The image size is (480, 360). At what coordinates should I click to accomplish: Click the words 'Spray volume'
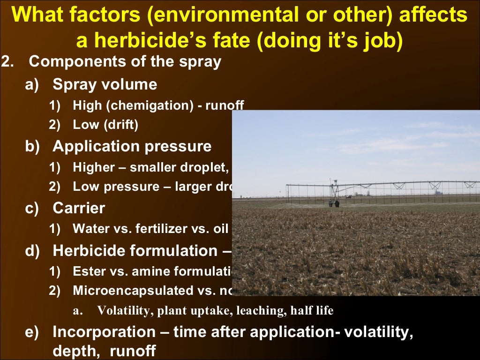click(x=105, y=85)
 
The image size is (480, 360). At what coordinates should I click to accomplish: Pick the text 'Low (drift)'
click(x=105, y=125)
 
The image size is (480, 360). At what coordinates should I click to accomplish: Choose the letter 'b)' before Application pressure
click(x=33, y=146)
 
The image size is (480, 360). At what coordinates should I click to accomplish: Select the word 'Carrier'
click(x=79, y=208)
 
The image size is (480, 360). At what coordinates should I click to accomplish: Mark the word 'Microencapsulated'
click(x=131, y=290)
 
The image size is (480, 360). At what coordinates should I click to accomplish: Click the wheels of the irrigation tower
click(x=334, y=203)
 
